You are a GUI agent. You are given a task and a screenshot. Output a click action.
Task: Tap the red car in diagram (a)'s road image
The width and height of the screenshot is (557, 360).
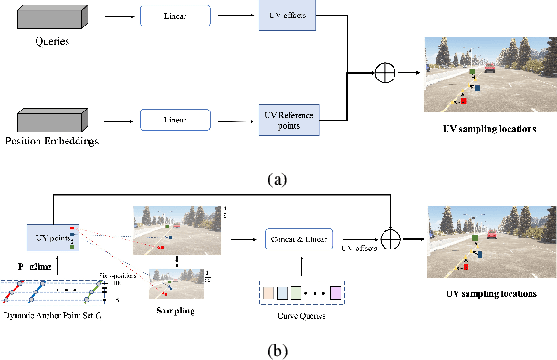click(490, 68)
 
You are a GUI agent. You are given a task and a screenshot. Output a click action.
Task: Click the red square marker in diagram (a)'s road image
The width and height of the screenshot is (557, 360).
click(463, 101)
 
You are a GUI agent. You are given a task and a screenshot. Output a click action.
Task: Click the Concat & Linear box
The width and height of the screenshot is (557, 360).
click(300, 238)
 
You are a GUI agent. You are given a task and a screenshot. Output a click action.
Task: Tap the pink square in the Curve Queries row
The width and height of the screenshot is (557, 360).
click(335, 293)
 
